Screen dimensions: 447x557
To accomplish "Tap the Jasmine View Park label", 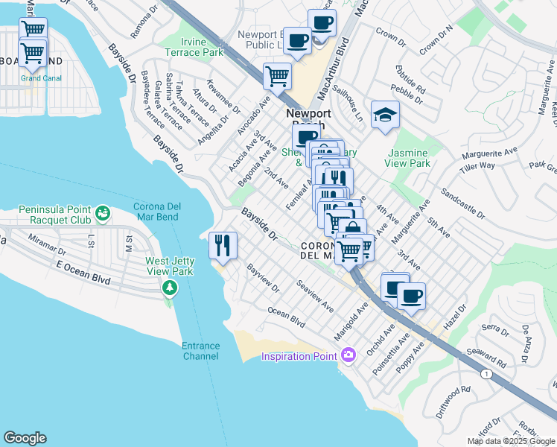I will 408,157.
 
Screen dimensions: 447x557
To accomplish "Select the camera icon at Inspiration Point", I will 347,355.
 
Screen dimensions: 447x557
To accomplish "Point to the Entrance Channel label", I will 200,351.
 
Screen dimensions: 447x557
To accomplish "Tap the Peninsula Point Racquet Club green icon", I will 104,215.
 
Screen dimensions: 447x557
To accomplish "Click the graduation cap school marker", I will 385,115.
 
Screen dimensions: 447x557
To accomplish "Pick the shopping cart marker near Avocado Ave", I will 277,75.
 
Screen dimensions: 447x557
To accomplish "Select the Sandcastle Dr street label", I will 463,203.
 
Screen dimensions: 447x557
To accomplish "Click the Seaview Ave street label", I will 315,296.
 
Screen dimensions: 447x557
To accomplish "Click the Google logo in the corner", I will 25,438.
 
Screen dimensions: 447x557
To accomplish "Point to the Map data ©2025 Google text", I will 511,441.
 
